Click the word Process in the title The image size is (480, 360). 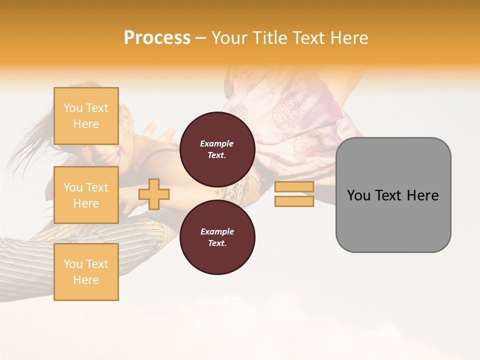[x=157, y=38]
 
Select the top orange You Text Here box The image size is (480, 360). [x=86, y=116]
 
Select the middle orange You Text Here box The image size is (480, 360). [x=86, y=195]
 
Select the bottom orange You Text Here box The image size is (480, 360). [x=86, y=272]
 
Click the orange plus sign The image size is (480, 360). [x=154, y=194]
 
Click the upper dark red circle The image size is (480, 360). [x=217, y=149]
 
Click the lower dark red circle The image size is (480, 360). [x=217, y=237]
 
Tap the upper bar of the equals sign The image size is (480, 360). [x=294, y=187]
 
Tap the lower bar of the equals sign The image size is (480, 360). [x=294, y=201]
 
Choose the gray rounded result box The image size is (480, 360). [x=393, y=195]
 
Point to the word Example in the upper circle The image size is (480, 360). [x=217, y=143]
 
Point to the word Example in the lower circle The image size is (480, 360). [x=217, y=231]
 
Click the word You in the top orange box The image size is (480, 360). [x=73, y=108]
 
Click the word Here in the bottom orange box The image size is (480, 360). [x=86, y=280]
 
